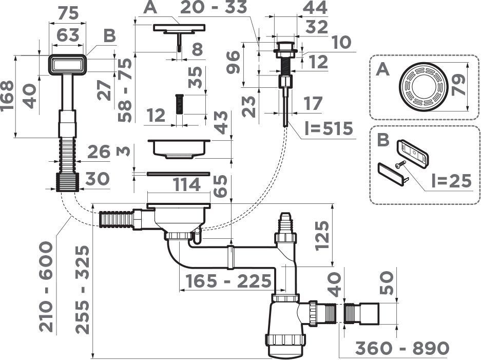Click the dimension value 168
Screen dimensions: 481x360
(7, 96)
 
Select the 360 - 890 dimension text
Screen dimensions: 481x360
(402, 348)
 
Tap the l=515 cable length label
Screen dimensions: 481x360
(329, 128)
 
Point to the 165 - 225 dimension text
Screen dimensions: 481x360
(228, 281)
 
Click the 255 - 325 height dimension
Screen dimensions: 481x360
(83, 290)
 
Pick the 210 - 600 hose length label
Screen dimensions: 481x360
(46, 287)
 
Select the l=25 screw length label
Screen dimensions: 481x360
(451, 181)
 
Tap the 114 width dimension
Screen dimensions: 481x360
(187, 185)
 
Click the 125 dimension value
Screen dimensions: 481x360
(322, 236)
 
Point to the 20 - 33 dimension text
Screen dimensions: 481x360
(214, 7)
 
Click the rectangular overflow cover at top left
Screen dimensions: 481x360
(67, 65)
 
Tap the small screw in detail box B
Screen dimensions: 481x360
(400, 164)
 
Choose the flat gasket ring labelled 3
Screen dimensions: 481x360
(178, 174)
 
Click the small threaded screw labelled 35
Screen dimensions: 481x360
(179, 105)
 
